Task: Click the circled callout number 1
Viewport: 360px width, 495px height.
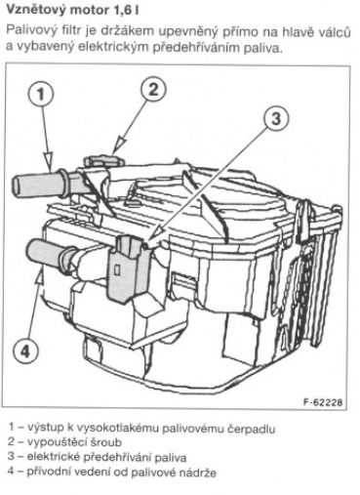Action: tap(41, 95)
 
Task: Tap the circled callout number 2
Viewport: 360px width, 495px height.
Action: tap(153, 89)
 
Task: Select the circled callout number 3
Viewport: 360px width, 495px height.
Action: tap(275, 118)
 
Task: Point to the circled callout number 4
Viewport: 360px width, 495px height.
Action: tap(25, 351)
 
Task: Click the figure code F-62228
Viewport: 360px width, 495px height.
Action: tap(323, 402)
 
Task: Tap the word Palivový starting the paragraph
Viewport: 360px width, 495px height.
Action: tap(32, 32)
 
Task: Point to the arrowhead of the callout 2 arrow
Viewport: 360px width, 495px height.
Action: tap(117, 145)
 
